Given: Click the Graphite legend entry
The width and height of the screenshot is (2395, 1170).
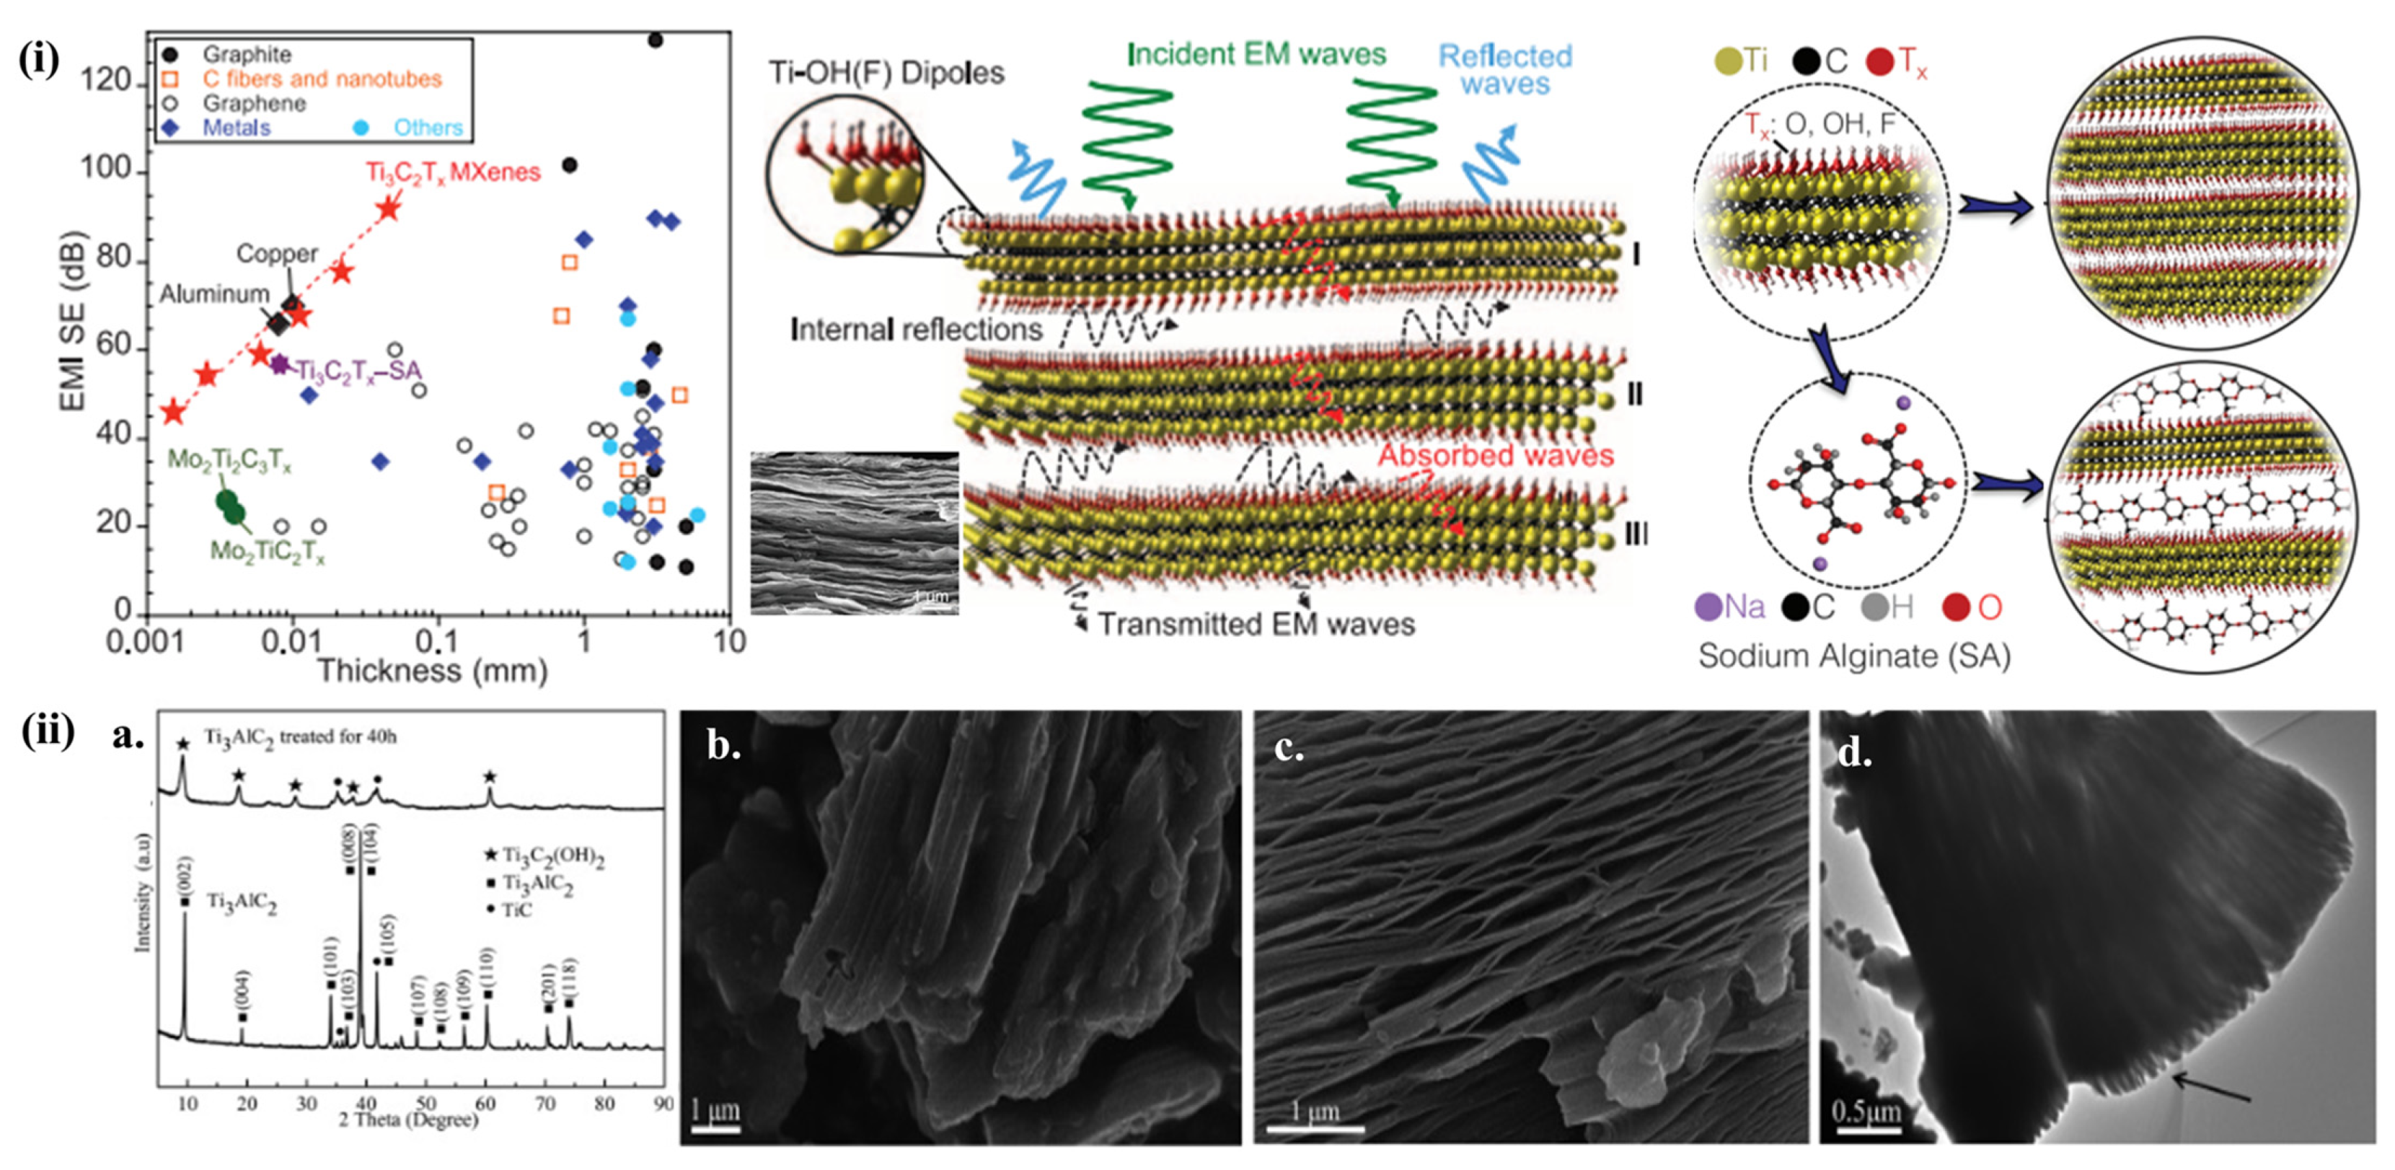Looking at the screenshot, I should tap(247, 55).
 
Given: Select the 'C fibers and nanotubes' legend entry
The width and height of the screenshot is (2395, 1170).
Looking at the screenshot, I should tap(322, 79).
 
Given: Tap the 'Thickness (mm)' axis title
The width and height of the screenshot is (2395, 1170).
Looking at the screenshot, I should tap(432, 671).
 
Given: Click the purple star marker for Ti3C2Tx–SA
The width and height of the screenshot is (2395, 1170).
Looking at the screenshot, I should tap(279, 364).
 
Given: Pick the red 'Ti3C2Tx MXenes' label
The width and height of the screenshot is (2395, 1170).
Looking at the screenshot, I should tap(453, 173).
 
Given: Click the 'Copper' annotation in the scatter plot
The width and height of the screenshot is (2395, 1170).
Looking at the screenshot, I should tap(276, 253).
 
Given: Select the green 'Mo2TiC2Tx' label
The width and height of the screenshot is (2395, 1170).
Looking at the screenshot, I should tap(268, 553).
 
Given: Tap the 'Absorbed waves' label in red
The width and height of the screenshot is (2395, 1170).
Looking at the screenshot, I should tap(1495, 456).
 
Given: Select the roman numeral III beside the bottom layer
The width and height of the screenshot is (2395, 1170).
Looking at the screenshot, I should tap(1636, 534).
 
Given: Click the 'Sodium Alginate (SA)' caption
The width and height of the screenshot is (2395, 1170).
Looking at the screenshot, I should tap(1854, 656).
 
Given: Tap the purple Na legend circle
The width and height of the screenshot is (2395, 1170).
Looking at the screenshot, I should tap(1708, 607).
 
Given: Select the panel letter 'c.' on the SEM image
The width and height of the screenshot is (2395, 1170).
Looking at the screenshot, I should tap(1289, 747).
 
